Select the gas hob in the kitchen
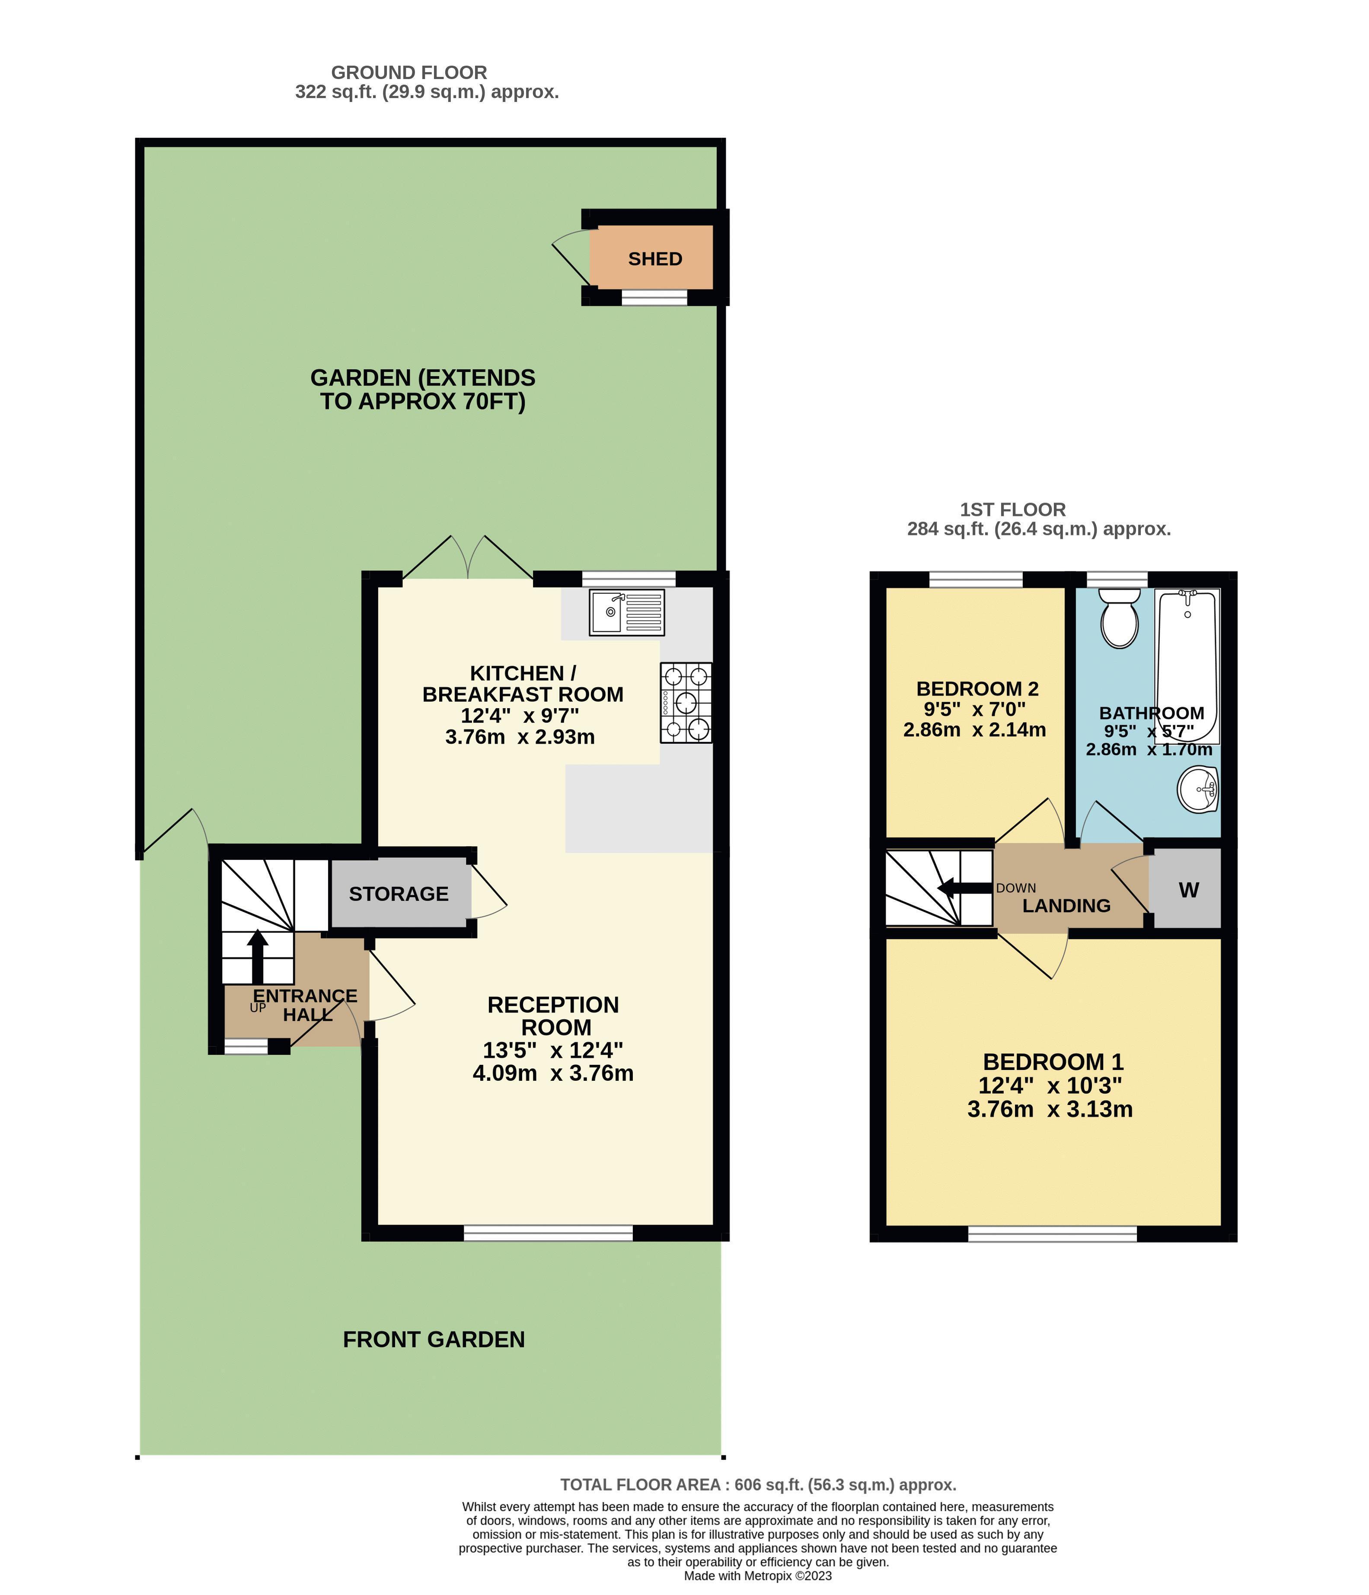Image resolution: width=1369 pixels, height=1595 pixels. [686, 702]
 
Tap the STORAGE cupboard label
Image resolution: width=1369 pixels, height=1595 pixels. [399, 894]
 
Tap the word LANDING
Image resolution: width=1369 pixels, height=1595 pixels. [1066, 906]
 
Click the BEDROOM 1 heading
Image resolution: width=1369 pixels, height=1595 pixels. [1053, 1062]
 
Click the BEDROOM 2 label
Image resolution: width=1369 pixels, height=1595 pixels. [977, 688]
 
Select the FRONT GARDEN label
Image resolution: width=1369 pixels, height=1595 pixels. [434, 1340]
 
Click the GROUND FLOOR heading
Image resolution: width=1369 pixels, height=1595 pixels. [409, 72]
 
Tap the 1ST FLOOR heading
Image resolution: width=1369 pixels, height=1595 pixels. [1012, 509]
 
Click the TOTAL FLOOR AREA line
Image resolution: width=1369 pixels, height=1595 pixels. [758, 1485]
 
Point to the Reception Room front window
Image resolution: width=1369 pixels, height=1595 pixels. [548, 1232]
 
